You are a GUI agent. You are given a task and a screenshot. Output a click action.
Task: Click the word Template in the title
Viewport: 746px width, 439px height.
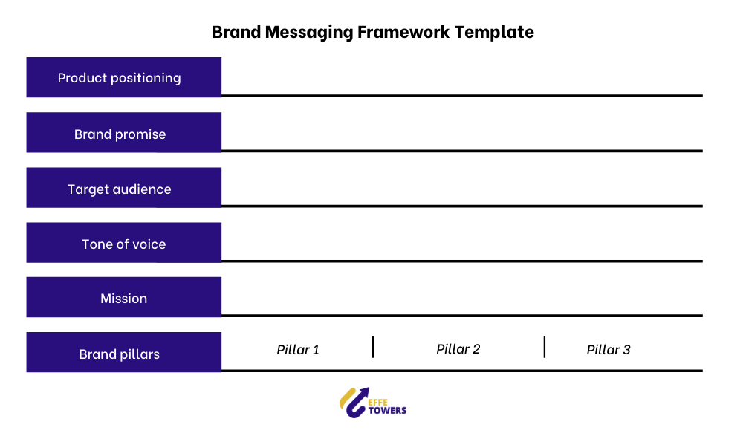pyautogui.click(x=494, y=33)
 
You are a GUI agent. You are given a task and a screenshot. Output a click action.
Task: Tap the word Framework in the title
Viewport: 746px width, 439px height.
pyautogui.click(x=403, y=33)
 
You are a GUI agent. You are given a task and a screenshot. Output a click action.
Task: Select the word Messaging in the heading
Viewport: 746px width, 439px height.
pyautogui.click(x=309, y=33)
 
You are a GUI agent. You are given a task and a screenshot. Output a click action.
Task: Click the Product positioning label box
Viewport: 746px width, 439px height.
pyautogui.click(x=123, y=77)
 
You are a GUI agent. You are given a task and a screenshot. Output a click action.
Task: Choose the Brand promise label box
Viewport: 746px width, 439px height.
pyautogui.click(x=123, y=133)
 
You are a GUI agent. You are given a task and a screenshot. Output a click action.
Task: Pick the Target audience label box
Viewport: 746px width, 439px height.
pyautogui.click(x=123, y=188)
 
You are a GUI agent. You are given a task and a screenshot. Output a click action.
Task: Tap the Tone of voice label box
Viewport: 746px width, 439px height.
pyautogui.click(x=123, y=243)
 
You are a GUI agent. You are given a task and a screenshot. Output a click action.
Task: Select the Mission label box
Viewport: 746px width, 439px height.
pyautogui.click(x=123, y=297)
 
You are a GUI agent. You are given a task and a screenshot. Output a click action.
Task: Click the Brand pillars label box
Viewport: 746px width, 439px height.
pyautogui.click(x=123, y=352)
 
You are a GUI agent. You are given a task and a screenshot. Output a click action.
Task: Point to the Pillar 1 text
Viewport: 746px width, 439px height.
pyautogui.click(x=298, y=350)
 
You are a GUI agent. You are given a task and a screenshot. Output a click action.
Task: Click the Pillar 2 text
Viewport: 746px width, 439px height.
pyautogui.click(x=458, y=349)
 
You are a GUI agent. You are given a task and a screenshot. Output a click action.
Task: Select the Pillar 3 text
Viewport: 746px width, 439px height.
pyautogui.click(x=609, y=350)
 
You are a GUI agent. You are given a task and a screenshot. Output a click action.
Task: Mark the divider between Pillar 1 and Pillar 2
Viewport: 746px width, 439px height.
pyautogui.click(x=373, y=347)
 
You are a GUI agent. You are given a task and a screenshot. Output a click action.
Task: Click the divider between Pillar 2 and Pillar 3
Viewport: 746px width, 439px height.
pyautogui.click(x=545, y=347)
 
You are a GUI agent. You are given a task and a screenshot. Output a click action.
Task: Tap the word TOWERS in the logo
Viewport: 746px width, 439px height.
pyautogui.click(x=387, y=411)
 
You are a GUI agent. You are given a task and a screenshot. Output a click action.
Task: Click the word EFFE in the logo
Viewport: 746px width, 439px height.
pyautogui.click(x=377, y=403)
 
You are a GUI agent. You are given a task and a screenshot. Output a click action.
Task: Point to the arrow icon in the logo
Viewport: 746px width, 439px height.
pyautogui.click(x=354, y=403)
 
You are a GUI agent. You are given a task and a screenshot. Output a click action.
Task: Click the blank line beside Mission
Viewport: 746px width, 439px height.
pyautogui.click(x=462, y=316)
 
